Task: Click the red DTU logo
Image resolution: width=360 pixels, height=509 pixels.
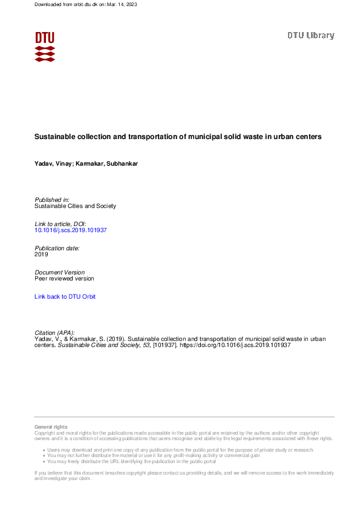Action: pyautogui.click(x=45, y=47)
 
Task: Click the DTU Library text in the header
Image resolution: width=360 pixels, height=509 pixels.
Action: pyautogui.click(x=310, y=36)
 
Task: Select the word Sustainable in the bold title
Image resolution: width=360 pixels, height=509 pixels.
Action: pyautogui.click(x=54, y=137)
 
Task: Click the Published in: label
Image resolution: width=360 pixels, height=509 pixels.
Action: pyautogui.click(x=52, y=199)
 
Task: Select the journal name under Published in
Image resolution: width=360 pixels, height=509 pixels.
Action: pyautogui.click(x=76, y=206)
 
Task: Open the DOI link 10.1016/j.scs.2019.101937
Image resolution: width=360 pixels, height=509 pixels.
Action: pyautogui.click(x=71, y=230)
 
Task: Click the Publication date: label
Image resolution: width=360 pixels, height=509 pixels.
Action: pyautogui.click(x=57, y=248)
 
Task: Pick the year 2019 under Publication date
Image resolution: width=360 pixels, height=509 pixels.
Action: pyautogui.click(x=42, y=254)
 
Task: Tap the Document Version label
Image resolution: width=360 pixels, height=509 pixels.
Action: pyautogui.click(x=60, y=272)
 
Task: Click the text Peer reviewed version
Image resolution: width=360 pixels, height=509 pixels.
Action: pyautogui.click(x=64, y=279)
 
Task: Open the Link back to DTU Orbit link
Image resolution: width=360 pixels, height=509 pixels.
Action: pyautogui.click(x=65, y=297)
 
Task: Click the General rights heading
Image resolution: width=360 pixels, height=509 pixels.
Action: pyautogui.click(x=51, y=427)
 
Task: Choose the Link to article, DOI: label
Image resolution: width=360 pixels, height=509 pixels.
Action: pyautogui.click(x=61, y=224)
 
